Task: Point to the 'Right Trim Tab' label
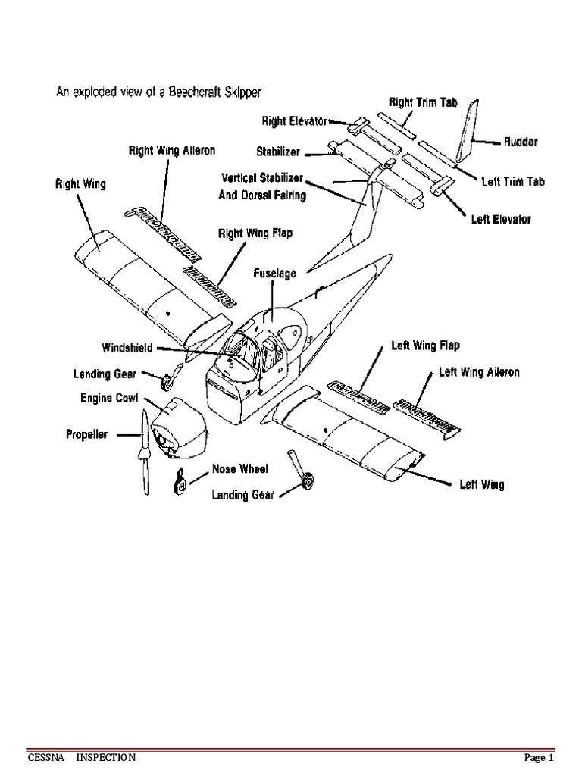click(423, 101)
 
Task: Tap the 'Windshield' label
click(127, 348)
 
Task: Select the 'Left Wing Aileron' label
click(479, 372)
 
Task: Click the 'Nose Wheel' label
click(239, 469)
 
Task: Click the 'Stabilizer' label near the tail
click(278, 152)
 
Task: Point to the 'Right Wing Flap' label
click(255, 233)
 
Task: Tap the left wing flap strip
click(358, 394)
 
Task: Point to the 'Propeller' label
click(86, 435)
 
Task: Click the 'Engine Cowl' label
click(109, 398)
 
